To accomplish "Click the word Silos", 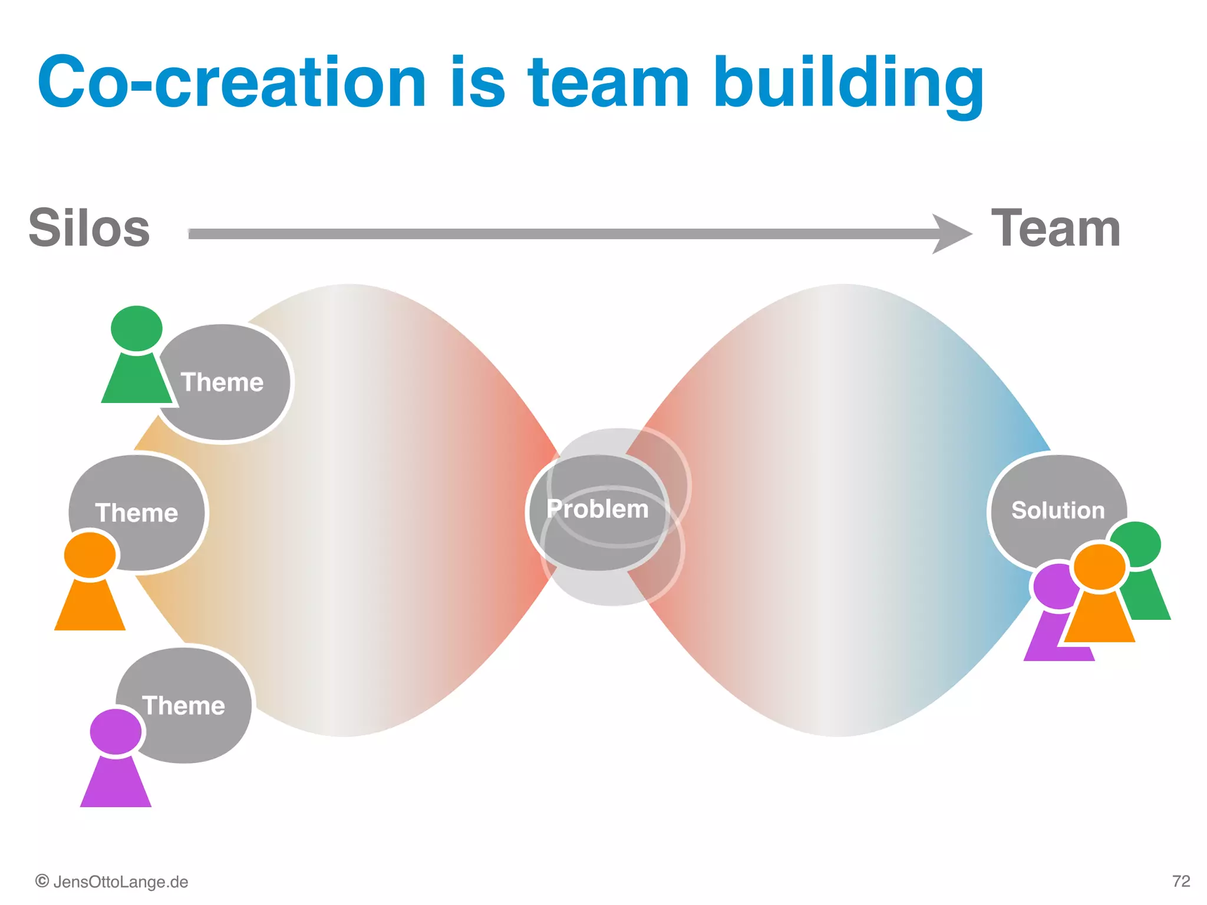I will [89, 229].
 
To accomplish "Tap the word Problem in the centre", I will [597, 509].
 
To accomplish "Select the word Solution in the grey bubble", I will [1058, 510].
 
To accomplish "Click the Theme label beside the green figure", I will [222, 382].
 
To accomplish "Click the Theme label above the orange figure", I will [136, 513].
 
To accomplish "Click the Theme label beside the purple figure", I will [183, 705].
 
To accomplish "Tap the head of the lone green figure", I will [136, 328].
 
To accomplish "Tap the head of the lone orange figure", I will [90, 555].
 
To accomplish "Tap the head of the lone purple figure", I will [116, 731].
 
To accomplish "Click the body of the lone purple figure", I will [116, 784].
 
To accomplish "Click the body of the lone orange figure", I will [90, 607].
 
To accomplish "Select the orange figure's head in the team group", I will [1099, 566].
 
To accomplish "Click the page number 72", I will [1180, 881].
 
